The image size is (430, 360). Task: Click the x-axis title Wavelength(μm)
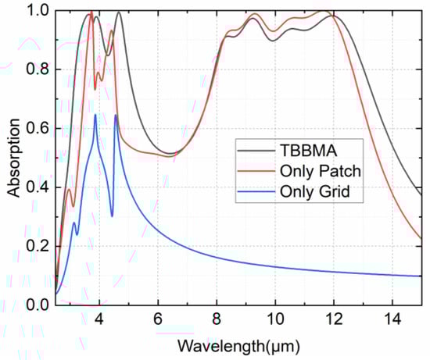238,344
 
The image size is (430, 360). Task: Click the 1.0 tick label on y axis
37,11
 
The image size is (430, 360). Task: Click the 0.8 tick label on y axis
37,70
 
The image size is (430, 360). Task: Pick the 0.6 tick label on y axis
37,128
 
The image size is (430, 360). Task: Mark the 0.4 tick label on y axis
37,187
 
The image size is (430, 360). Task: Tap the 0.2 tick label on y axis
37,246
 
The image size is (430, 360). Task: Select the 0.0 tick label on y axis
37,305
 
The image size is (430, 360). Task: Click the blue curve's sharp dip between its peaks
112,216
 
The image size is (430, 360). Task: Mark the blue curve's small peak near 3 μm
74,223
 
